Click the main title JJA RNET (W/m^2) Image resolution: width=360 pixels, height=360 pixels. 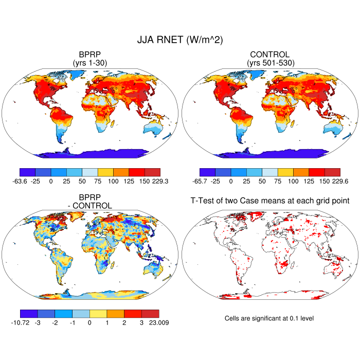tap(179, 40)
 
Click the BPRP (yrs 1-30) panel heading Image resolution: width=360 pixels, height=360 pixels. tap(90, 59)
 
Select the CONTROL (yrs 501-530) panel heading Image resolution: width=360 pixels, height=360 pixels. tap(269, 59)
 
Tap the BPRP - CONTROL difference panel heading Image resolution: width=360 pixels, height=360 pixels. tap(90, 202)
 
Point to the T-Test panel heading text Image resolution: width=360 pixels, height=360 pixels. tap(269, 200)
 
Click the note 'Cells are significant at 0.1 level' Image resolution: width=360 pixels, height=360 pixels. tap(269, 318)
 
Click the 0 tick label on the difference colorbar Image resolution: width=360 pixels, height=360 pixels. tap(89, 323)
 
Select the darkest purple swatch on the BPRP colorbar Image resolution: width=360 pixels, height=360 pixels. tap(27, 172)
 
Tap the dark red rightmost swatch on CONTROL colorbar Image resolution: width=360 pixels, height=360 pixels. tap(332, 172)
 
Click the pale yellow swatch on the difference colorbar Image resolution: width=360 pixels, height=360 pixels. tap(98, 313)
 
